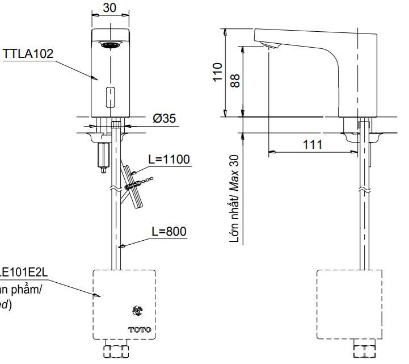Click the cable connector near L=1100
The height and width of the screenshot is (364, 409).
(x=132, y=185)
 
